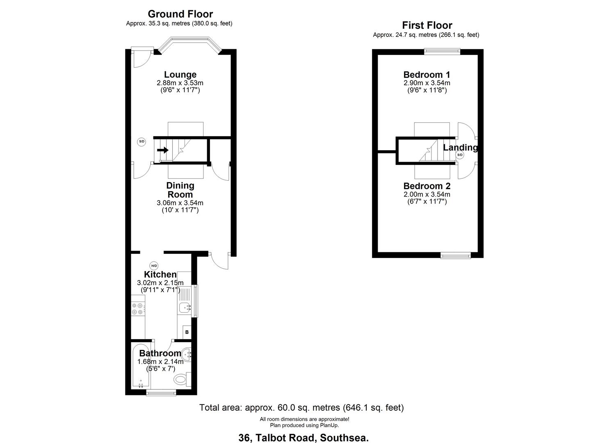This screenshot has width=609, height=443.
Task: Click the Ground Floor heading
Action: [x=180, y=14]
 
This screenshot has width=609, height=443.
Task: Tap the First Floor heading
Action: [x=427, y=25]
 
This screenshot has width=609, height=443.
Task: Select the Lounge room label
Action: [x=180, y=75]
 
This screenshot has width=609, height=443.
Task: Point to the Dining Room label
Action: [x=180, y=190]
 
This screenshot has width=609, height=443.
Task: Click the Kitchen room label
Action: [x=160, y=274]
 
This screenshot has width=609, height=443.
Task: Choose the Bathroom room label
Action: [x=160, y=354]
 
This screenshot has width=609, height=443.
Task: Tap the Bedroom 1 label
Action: [x=427, y=75]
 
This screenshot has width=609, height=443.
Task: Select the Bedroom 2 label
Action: [x=427, y=186]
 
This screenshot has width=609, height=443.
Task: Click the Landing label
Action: [x=460, y=147]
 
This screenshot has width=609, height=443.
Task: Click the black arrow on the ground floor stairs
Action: [x=163, y=150]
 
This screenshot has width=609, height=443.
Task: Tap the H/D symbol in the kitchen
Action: [x=154, y=265]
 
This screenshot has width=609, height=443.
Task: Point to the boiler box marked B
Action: [x=187, y=332]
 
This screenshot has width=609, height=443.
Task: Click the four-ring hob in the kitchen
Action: [x=138, y=308]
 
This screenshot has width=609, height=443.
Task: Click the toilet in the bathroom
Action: [x=181, y=379]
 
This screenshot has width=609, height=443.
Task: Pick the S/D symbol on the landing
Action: [x=460, y=155]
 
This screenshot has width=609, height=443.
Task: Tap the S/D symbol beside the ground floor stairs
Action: [x=141, y=142]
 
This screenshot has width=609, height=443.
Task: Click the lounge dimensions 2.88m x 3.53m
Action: [x=180, y=83]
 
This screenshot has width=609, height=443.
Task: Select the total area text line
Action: [x=301, y=408]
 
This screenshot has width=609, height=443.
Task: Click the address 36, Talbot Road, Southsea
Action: [x=303, y=438]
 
